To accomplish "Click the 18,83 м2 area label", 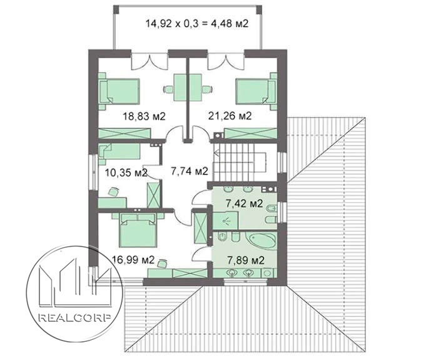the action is click(144, 116).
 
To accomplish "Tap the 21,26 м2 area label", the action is click(230, 115).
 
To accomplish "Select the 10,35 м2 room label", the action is click(126, 172).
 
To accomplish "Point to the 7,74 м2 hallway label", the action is click(190, 171).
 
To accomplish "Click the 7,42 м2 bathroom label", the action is click(245, 203).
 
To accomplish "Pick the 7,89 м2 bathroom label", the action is click(246, 260).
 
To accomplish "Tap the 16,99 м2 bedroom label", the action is click(133, 260).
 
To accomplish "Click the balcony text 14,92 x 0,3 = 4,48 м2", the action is click(197, 23).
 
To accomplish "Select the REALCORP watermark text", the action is click(74, 318).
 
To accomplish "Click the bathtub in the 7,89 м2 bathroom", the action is click(261, 240).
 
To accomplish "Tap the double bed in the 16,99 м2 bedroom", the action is click(138, 230).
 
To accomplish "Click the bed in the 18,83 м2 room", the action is click(120, 91).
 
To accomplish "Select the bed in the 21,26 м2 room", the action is click(256, 91).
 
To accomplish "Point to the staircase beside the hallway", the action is click(240, 162).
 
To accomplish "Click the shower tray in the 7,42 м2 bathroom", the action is click(225, 220).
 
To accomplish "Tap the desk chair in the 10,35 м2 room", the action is click(113, 192).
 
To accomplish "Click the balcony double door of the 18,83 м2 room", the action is click(150, 61).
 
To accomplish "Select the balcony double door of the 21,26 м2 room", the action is click(226, 61).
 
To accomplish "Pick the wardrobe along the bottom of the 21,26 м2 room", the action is click(251, 133).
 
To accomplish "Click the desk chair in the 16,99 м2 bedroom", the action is click(162, 264).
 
